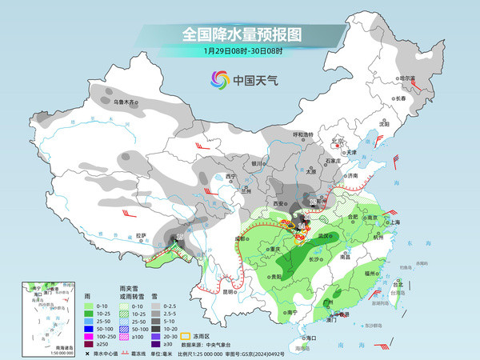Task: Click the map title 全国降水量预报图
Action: tap(239, 34)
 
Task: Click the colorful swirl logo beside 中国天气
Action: tap(219, 79)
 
